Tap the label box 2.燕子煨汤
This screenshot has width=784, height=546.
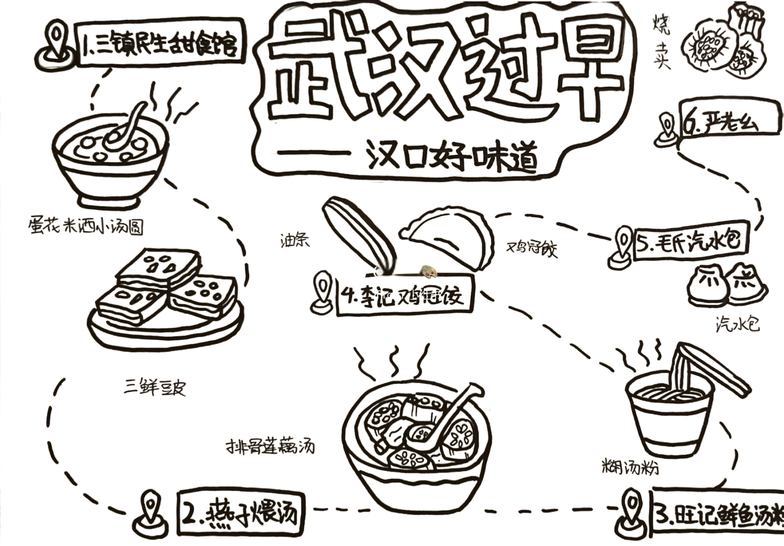tap(239, 512)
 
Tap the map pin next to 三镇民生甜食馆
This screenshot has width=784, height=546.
tap(55, 42)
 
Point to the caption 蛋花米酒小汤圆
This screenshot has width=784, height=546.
tap(86, 226)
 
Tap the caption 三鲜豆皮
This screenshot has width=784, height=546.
tap(155, 387)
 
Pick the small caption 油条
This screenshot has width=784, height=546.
tap(295, 240)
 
